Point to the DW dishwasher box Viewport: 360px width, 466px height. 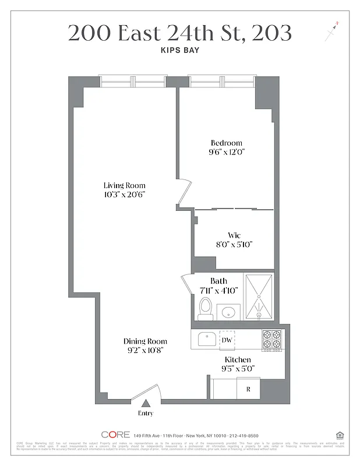(x=227, y=340)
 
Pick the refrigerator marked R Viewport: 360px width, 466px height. (x=248, y=388)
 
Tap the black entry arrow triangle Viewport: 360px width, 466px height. (x=146, y=403)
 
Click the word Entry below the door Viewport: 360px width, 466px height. (x=146, y=414)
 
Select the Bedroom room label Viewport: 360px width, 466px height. (x=226, y=143)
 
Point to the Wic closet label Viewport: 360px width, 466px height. (x=235, y=235)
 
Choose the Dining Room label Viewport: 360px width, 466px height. (x=145, y=341)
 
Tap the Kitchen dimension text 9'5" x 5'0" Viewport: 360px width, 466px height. (x=238, y=369)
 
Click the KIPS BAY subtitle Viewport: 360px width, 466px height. (x=179, y=51)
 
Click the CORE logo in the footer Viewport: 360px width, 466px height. (x=115, y=435)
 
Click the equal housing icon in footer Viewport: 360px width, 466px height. (x=340, y=435)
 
